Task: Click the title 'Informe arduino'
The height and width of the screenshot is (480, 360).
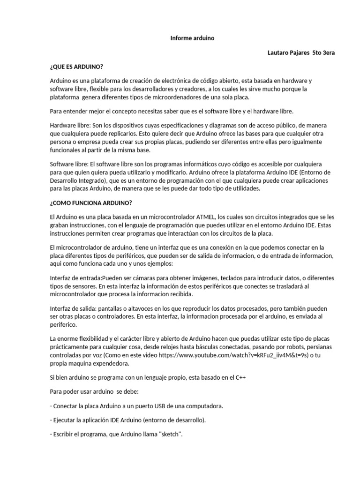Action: point(192,38)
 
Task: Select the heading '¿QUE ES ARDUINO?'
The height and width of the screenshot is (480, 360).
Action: point(76,67)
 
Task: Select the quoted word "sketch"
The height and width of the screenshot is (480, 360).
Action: point(171,435)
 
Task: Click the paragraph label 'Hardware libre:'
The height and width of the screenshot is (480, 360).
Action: point(70,126)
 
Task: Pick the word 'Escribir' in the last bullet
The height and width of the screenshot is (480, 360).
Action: point(64,435)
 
